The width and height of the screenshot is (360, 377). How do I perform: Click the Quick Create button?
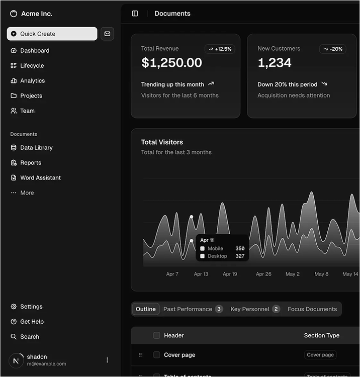52,34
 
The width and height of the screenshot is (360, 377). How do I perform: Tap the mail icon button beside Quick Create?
107,34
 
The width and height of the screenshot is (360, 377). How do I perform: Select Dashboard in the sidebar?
34,51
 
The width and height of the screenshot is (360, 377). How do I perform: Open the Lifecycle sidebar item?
32,66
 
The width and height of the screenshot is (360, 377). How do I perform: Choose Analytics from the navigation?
32,81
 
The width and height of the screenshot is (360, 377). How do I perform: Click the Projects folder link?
31,96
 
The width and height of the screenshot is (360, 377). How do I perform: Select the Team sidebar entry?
27,111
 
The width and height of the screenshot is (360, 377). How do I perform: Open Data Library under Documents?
36,148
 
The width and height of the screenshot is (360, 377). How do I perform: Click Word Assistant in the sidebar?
40,178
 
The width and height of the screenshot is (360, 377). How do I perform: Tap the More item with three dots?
27,193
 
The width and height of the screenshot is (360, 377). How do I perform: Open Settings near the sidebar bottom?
31,307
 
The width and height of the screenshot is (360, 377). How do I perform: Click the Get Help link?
32,322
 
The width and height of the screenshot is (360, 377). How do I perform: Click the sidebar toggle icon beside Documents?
135,14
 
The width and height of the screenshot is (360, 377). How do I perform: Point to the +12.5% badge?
220,49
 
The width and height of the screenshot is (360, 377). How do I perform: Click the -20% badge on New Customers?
332,49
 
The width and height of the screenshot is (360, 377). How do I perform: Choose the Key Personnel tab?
254,309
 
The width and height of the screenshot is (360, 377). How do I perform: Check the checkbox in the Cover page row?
157,355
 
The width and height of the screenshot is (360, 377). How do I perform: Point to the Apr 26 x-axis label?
263,274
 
